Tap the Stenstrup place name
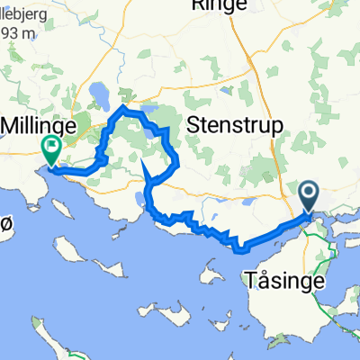pyautogui.click(x=235, y=124)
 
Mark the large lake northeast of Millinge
pyautogui.click(x=100, y=93)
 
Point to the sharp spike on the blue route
pyautogui.click(x=145, y=161)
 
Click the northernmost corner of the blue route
pyautogui.click(x=121, y=109)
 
